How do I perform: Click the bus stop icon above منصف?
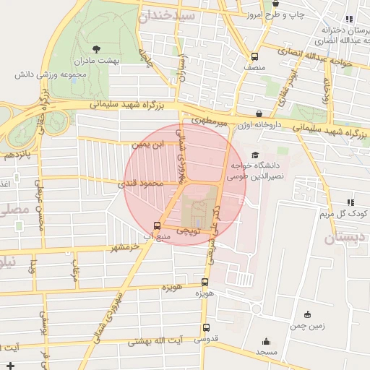[x=254, y=56]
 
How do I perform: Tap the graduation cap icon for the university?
[x=254, y=154]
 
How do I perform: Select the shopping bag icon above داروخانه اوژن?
[x=259, y=113]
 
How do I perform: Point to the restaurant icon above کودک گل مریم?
[x=350, y=203]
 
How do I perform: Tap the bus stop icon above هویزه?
[x=205, y=283]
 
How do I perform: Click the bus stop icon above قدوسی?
[x=206, y=327]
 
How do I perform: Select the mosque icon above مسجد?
[x=266, y=342]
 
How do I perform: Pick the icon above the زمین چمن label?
[x=308, y=314]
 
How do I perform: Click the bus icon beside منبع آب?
[x=158, y=225]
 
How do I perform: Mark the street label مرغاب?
[x=74, y=270]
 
